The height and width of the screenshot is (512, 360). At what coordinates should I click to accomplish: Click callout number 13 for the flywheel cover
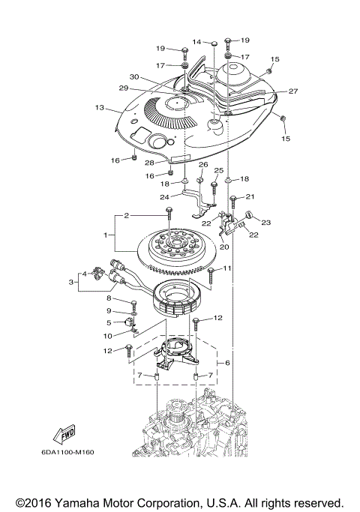pyautogui.click(x=98, y=108)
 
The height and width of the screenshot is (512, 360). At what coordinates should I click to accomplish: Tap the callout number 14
pyautogui.click(x=196, y=41)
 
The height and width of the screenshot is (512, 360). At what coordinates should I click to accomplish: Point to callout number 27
pyautogui.click(x=293, y=91)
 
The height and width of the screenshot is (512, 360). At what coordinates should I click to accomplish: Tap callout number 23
pyautogui.click(x=267, y=222)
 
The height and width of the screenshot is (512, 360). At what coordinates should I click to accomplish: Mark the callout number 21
pyautogui.click(x=250, y=196)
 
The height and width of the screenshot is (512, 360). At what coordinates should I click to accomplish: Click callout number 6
pyautogui.click(x=228, y=363)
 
